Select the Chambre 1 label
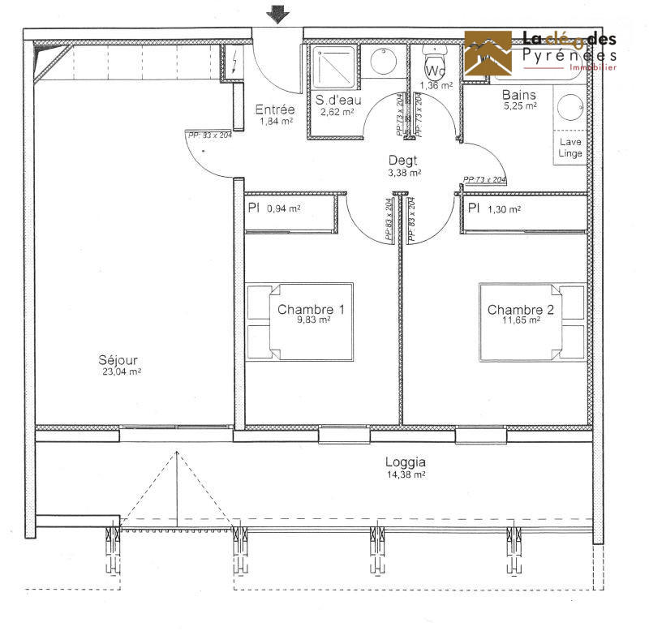pos(299,309)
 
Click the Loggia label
pos(406,462)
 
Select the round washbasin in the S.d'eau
pos(382,62)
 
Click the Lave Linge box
pos(570,148)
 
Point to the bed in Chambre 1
pos(299,322)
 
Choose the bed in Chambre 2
pos(531,322)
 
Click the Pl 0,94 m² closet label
pos(274,208)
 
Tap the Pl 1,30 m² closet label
pos(496,208)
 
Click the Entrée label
pos(275,109)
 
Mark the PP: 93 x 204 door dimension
pos(209,135)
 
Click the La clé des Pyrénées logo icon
pos(488,54)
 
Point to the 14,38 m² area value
pos(406,475)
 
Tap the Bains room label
pos(519,95)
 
